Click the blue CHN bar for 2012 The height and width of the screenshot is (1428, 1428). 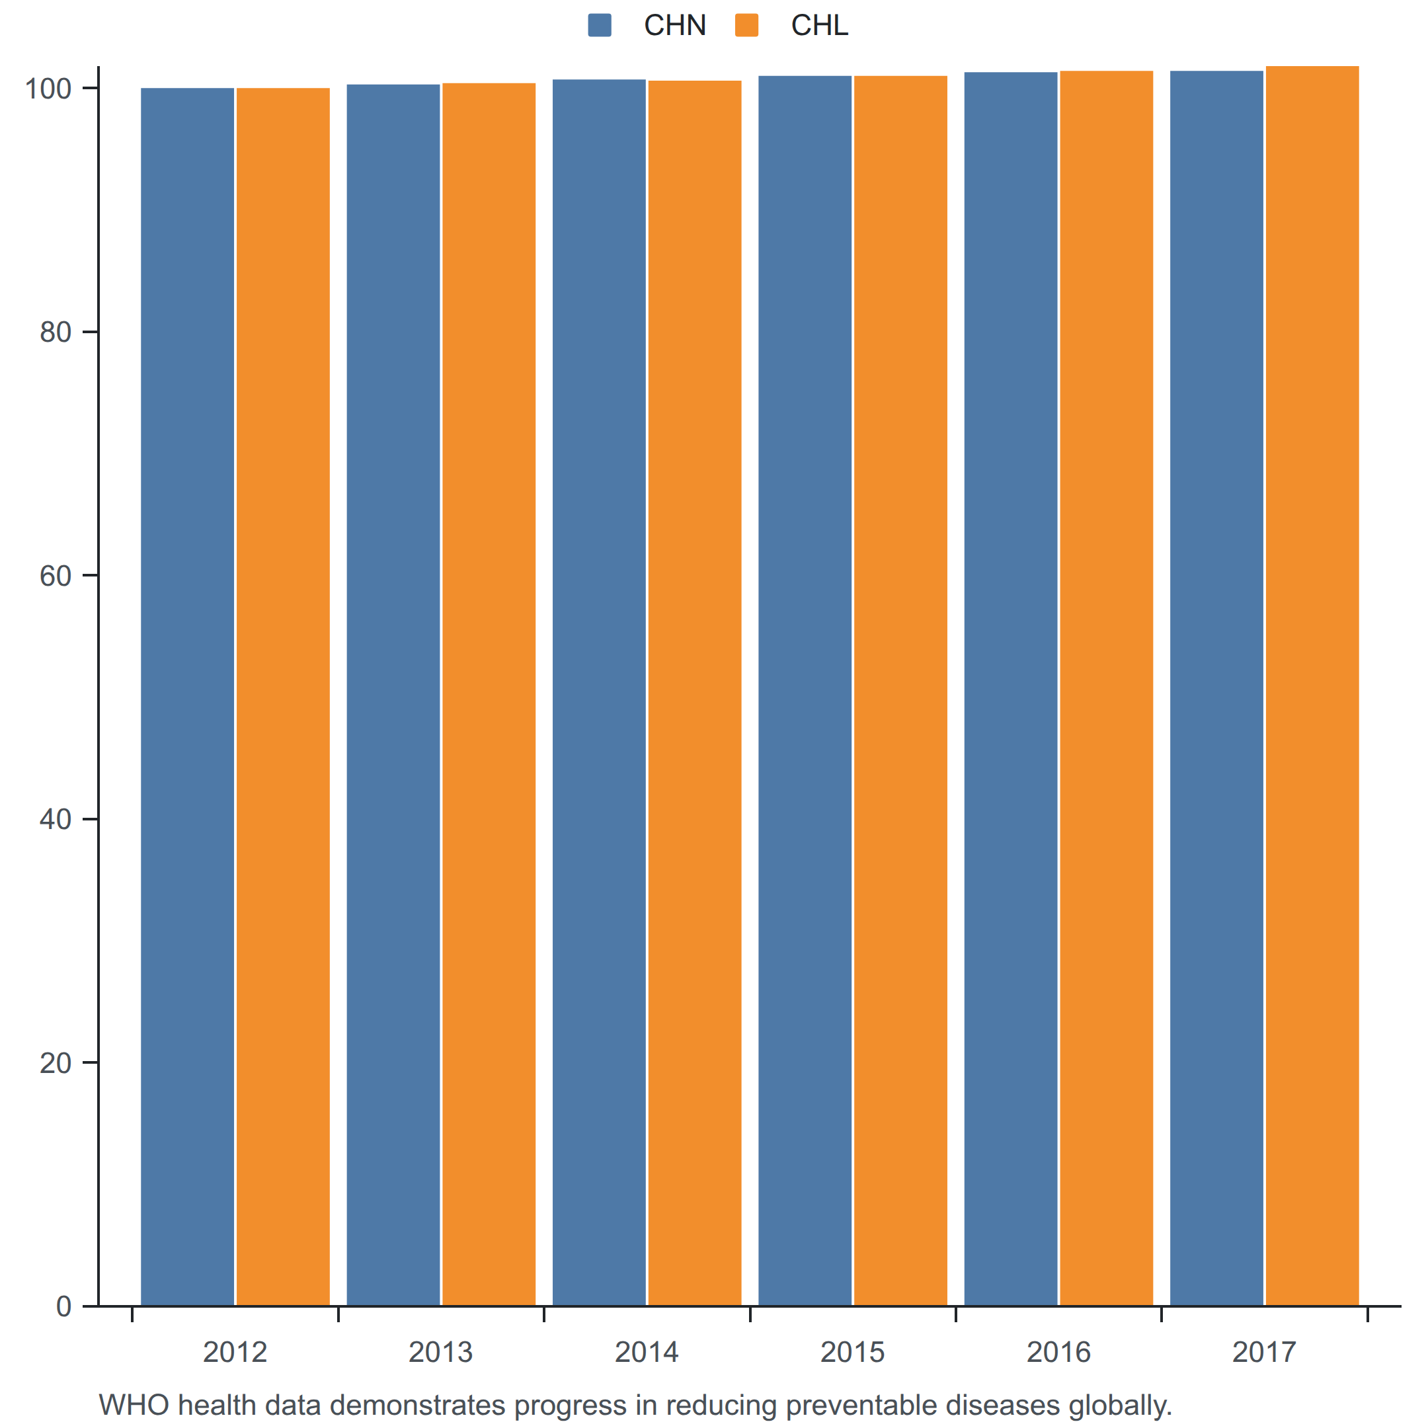(x=187, y=697)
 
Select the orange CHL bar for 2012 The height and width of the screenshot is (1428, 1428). (x=283, y=697)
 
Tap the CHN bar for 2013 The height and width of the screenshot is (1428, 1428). (x=393, y=695)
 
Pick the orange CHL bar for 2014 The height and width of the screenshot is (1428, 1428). (x=695, y=694)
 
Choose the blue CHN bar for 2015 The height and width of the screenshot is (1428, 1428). (x=805, y=691)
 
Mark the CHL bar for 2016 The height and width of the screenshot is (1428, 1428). (x=1107, y=688)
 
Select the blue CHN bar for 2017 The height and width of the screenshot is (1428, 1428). (x=1216, y=688)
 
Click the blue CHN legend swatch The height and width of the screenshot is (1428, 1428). (x=600, y=25)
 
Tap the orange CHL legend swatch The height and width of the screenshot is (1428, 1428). (x=746, y=25)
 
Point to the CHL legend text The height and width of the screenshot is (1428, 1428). (x=819, y=26)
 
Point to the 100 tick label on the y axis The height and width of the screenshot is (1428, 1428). (x=48, y=89)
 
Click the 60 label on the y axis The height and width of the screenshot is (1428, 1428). (x=56, y=576)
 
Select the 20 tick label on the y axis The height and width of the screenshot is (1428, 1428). (x=56, y=1064)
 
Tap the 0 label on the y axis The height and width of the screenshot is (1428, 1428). (x=64, y=1307)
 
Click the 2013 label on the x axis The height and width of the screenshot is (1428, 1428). (x=440, y=1352)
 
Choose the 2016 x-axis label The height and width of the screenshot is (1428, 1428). (x=1058, y=1352)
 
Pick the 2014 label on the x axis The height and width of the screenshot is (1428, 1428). (x=647, y=1352)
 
